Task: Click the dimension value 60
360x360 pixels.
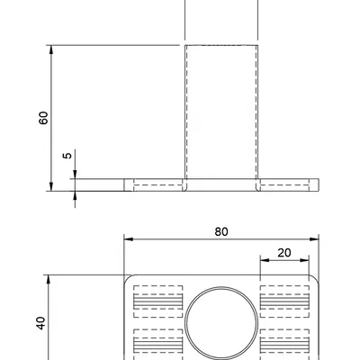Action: (43, 117)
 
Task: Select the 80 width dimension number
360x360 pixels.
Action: (221, 231)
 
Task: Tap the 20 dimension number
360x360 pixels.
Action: (283, 253)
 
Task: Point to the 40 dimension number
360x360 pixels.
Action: (40, 323)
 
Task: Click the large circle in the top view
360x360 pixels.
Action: (220, 323)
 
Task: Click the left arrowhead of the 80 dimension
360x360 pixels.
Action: (127, 239)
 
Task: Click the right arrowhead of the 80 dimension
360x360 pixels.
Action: (316, 239)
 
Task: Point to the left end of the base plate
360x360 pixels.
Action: (126, 184)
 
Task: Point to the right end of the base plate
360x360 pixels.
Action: (317, 184)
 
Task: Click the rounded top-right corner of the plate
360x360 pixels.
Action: (316, 278)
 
